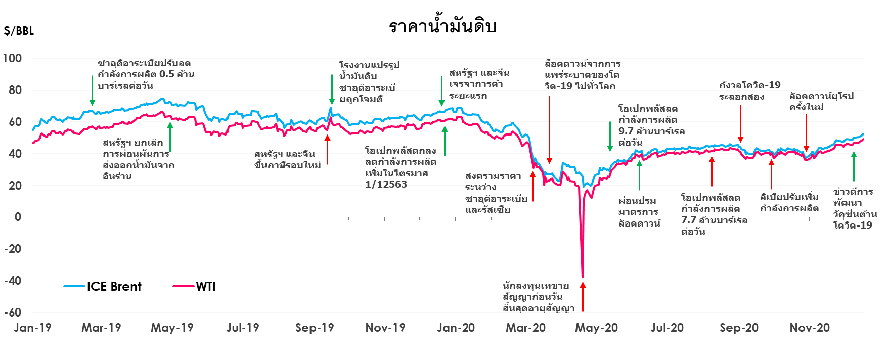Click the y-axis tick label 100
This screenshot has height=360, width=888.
(x=12, y=58)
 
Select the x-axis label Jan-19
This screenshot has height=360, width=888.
(x=32, y=328)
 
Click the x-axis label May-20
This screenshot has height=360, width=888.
(x=597, y=328)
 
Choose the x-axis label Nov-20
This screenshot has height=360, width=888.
(x=809, y=328)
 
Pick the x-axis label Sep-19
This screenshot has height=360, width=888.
(x=315, y=328)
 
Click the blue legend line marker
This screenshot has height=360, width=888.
(x=74, y=286)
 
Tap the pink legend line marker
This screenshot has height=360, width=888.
(x=184, y=286)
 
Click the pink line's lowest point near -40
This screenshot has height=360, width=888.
(x=583, y=276)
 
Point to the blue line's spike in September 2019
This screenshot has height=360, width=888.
(x=330, y=108)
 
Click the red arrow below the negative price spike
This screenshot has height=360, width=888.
(x=583, y=297)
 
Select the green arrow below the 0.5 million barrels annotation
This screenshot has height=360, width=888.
(x=92, y=91)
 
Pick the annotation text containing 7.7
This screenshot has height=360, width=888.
(x=714, y=220)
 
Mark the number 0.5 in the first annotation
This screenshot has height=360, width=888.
(x=166, y=74)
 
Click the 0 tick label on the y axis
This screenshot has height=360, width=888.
(x=18, y=217)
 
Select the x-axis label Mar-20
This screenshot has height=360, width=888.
(x=526, y=328)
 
